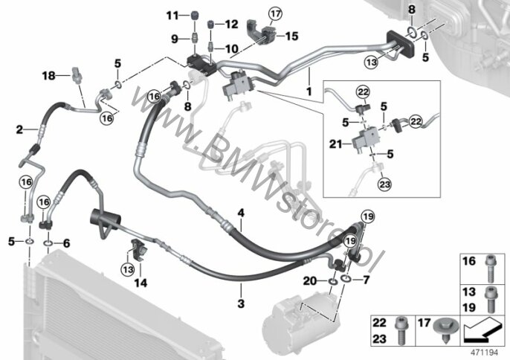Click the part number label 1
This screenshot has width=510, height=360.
[x=309, y=91]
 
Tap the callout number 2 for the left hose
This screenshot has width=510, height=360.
[x=19, y=129]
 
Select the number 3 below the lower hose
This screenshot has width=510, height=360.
[x=241, y=303]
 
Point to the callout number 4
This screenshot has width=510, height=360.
[x=241, y=213]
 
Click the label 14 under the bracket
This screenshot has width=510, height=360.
[x=141, y=283]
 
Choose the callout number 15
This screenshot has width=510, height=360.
[x=291, y=36]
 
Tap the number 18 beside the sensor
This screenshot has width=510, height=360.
[x=49, y=76]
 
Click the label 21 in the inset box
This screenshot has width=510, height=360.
[x=336, y=144]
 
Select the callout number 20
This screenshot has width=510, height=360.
[x=309, y=280]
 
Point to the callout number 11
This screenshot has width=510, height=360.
[x=172, y=16]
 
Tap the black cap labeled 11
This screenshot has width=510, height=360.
[x=195, y=16]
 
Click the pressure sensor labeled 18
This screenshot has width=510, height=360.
[x=76, y=74]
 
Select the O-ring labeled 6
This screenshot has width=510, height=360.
[x=48, y=242]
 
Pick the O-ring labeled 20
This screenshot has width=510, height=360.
[x=332, y=281]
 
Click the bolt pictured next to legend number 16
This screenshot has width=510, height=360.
[x=490, y=269]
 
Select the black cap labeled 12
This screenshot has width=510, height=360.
[x=211, y=25]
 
